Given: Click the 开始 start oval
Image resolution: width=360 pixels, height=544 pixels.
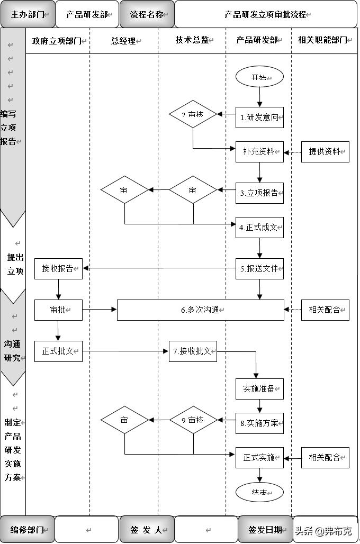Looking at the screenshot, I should (259, 77).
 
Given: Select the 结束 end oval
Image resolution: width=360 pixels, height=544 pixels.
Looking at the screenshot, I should (259, 492).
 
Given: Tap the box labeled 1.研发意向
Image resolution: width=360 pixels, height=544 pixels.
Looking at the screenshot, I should (259, 117).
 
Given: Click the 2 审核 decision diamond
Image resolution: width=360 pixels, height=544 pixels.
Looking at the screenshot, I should (193, 115).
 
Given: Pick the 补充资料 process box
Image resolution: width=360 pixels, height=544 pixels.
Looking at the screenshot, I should (259, 151).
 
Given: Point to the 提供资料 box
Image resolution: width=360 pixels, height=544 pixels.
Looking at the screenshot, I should (325, 151).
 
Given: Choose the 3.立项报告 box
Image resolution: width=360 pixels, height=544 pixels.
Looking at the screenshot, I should (259, 193).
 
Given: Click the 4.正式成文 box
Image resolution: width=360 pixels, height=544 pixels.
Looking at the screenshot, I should (259, 228).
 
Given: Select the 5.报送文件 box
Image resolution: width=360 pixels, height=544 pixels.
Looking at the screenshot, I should (259, 268).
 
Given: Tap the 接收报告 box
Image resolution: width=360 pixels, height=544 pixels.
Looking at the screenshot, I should (58, 268).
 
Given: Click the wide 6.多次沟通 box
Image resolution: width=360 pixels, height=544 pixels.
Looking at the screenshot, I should (200, 310).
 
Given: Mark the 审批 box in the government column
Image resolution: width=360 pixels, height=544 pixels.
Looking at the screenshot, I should (58, 310).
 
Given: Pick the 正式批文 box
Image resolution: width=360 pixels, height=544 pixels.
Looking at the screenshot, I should (58, 351).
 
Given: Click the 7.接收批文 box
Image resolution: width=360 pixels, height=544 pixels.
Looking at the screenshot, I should (193, 351).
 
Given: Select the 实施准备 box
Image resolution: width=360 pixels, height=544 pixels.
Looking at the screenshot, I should (259, 388).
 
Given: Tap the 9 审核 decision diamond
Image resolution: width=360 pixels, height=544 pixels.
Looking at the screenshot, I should (193, 420).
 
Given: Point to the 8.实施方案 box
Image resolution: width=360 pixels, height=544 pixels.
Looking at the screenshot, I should (259, 423).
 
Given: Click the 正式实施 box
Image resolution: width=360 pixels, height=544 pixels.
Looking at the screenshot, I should (259, 457).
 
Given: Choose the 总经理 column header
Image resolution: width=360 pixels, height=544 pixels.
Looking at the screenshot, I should (124, 41).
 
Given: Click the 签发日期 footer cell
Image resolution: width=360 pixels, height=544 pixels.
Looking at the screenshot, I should (265, 530).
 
